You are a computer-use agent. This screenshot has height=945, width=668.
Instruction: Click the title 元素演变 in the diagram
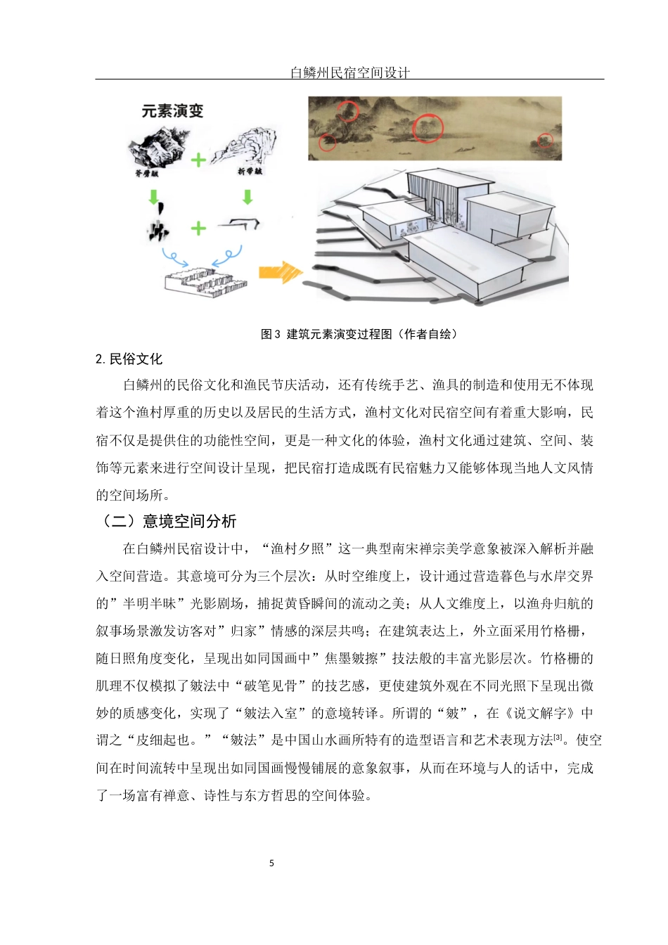pos(172,111)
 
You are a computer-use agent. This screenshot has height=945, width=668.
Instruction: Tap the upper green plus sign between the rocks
pos(198,160)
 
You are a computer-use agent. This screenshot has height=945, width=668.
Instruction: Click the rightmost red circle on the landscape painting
pos(545,141)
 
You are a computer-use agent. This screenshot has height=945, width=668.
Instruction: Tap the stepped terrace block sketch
pos(205,281)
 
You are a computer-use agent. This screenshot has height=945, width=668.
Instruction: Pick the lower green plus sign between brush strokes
pos(198,228)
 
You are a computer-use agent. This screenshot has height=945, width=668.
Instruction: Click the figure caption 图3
pos(270,334)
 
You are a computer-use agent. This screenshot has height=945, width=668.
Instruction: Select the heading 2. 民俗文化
pos(129,359)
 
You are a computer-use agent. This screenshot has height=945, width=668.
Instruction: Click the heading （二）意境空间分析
pos(166,521)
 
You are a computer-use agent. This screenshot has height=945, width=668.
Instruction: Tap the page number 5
pos(271,863)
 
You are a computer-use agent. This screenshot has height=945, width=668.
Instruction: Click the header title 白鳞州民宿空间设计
pos(349,72)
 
